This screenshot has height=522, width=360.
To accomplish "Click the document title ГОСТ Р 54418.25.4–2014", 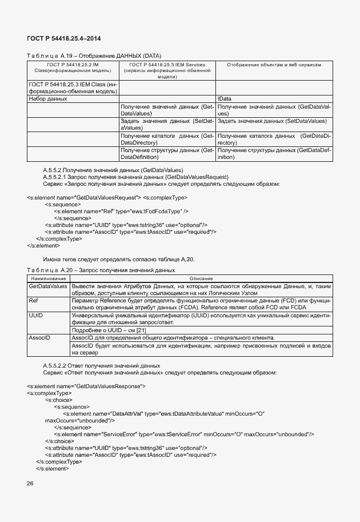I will [x=64, y=38].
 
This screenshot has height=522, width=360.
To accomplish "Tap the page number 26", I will [x=30, y=484].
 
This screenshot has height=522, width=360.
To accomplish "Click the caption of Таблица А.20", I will [x=101, y=270].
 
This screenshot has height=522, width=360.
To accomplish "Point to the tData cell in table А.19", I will [x=224, y=99].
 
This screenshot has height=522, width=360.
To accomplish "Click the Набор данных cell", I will [x=48, y=99].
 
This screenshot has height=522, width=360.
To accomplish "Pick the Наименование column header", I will [x=47, y=277].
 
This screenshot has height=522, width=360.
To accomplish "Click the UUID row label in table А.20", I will [x=35, y=315].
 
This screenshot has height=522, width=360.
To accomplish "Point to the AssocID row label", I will [x=39, y=338].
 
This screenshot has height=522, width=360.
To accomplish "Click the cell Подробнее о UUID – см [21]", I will [x=104, y=330].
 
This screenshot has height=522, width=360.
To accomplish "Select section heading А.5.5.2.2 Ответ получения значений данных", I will [x=102, y=365].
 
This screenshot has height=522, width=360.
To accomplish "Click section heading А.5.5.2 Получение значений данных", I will [x=113, y=170].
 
